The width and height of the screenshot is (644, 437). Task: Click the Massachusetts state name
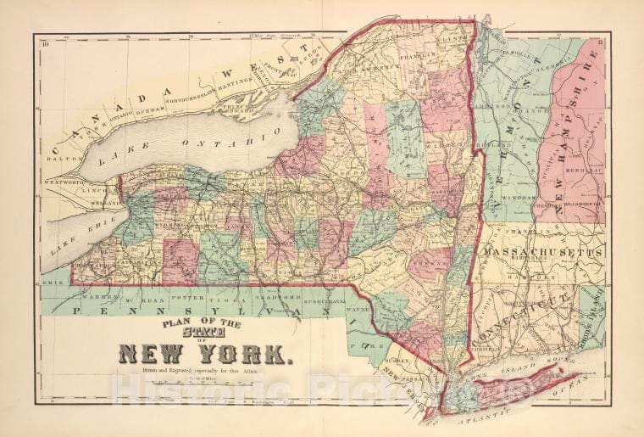542,253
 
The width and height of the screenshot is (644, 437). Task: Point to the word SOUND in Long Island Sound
536,370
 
